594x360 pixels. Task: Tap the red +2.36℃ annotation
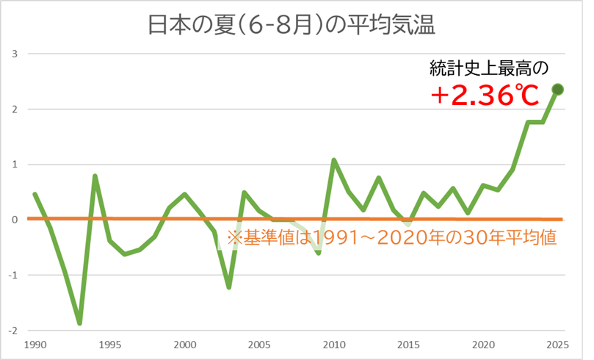pos(485,95)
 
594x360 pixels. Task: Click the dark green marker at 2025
pos(557,89)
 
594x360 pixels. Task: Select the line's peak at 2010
pos(334,159)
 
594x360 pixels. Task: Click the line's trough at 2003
pos(229,287)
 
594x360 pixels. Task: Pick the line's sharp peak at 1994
pos(95,176)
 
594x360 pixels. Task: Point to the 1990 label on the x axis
pos(34,344)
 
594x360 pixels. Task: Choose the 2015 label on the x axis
pos(408,344)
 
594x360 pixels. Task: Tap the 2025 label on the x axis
pos(557,344)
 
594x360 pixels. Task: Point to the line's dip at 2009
pos(319,253)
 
